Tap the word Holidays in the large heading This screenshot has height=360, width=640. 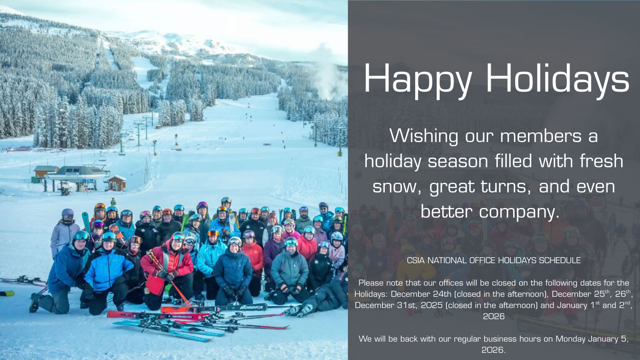558,78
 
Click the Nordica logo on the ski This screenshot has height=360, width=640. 252,308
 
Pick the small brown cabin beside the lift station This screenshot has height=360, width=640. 116,183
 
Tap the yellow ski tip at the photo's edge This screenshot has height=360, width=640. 7,293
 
